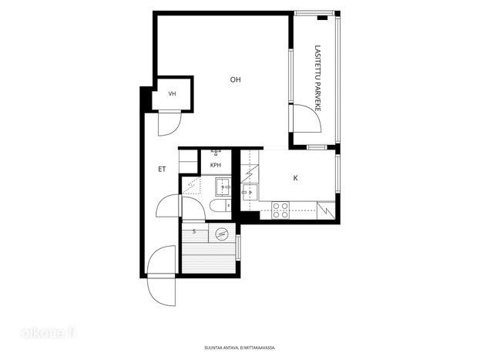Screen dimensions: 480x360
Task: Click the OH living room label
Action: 236,79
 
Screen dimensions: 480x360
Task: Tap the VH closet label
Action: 172,94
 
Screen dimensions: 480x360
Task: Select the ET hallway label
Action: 162,169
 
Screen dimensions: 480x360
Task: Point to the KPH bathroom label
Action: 216,165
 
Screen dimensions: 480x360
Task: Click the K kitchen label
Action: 295,178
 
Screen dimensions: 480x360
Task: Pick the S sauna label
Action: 194,231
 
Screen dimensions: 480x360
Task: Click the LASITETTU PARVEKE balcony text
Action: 317,79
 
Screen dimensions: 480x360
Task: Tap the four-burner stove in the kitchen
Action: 280,210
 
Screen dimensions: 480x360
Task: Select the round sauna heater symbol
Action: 222,234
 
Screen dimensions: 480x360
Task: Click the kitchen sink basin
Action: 250,192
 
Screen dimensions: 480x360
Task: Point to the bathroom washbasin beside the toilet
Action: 223,187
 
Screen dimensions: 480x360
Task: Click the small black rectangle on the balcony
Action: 322,18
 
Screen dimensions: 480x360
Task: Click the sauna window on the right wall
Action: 238,247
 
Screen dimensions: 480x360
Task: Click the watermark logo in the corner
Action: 48,333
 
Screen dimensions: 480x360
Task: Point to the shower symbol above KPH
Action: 217,152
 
